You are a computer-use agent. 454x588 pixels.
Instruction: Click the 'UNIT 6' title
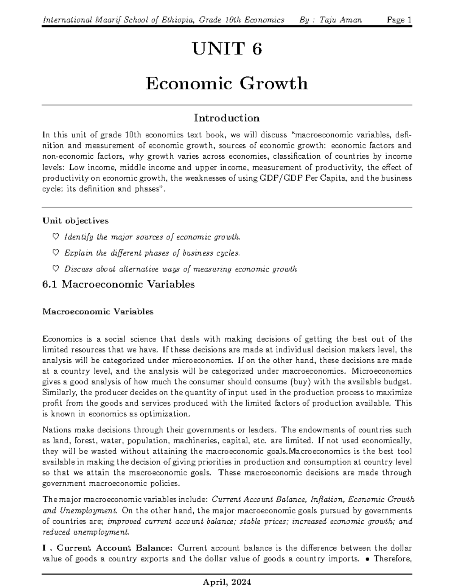227,49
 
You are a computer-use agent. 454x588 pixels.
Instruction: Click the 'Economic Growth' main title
227,83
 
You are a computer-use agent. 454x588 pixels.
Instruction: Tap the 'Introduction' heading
227,118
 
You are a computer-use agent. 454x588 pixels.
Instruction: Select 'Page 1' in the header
399,20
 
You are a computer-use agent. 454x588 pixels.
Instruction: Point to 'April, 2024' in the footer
227,581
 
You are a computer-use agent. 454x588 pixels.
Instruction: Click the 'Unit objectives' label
76,221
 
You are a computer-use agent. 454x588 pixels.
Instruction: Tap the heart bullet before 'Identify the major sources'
55,237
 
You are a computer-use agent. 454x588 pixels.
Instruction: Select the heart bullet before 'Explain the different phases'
55,253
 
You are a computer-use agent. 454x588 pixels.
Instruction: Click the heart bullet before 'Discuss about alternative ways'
55,269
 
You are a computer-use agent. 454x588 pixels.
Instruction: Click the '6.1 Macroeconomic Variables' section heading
118,284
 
